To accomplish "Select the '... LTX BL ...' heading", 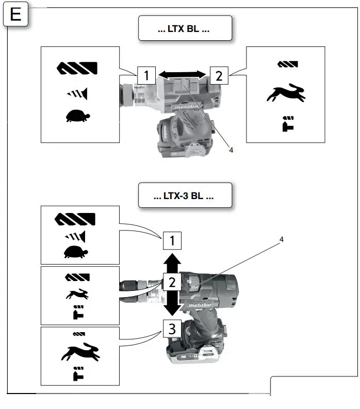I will click(x=184, y=29).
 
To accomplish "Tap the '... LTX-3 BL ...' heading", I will click(x=184, y=195).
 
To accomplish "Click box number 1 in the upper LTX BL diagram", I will click(x=146, y=76).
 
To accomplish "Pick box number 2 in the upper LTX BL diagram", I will click(x=219, y=76).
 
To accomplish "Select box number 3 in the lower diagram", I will click(x=172, y=329).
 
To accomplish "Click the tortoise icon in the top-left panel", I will click(x=77, y=116).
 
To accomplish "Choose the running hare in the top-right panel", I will click(x=286, y=93).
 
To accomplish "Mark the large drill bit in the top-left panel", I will click(x=77, y=68).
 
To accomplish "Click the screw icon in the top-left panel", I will click(x=77, y=93).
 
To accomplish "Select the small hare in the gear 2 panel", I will click(x=77, y=295).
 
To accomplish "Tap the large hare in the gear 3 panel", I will click(x=79, y=352).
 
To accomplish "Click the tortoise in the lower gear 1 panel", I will click(x=76, y=252).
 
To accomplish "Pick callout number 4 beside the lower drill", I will click(x=281, y=239).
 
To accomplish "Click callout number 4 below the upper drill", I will click(x=231, y=150).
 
